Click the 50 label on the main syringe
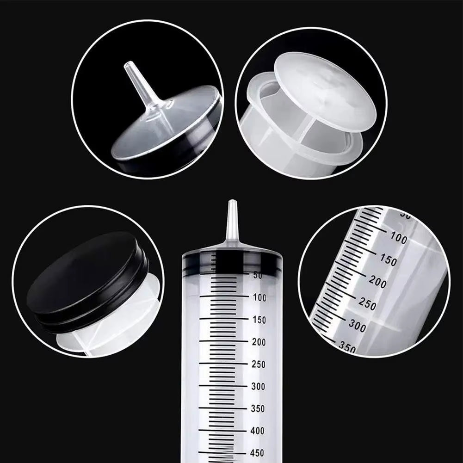tap(258, 275)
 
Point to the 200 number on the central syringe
tap(259, 342)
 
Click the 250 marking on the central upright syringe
tap(259, 364)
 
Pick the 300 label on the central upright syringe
tap(259, 386)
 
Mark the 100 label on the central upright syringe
tap(259, 297)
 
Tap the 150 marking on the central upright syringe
tap(259, 320)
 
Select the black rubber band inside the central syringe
tap(232, 263)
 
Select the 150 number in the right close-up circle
tap(388, 260)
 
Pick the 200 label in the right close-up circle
tap(377, 282)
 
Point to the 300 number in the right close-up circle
tap(357, 326)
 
